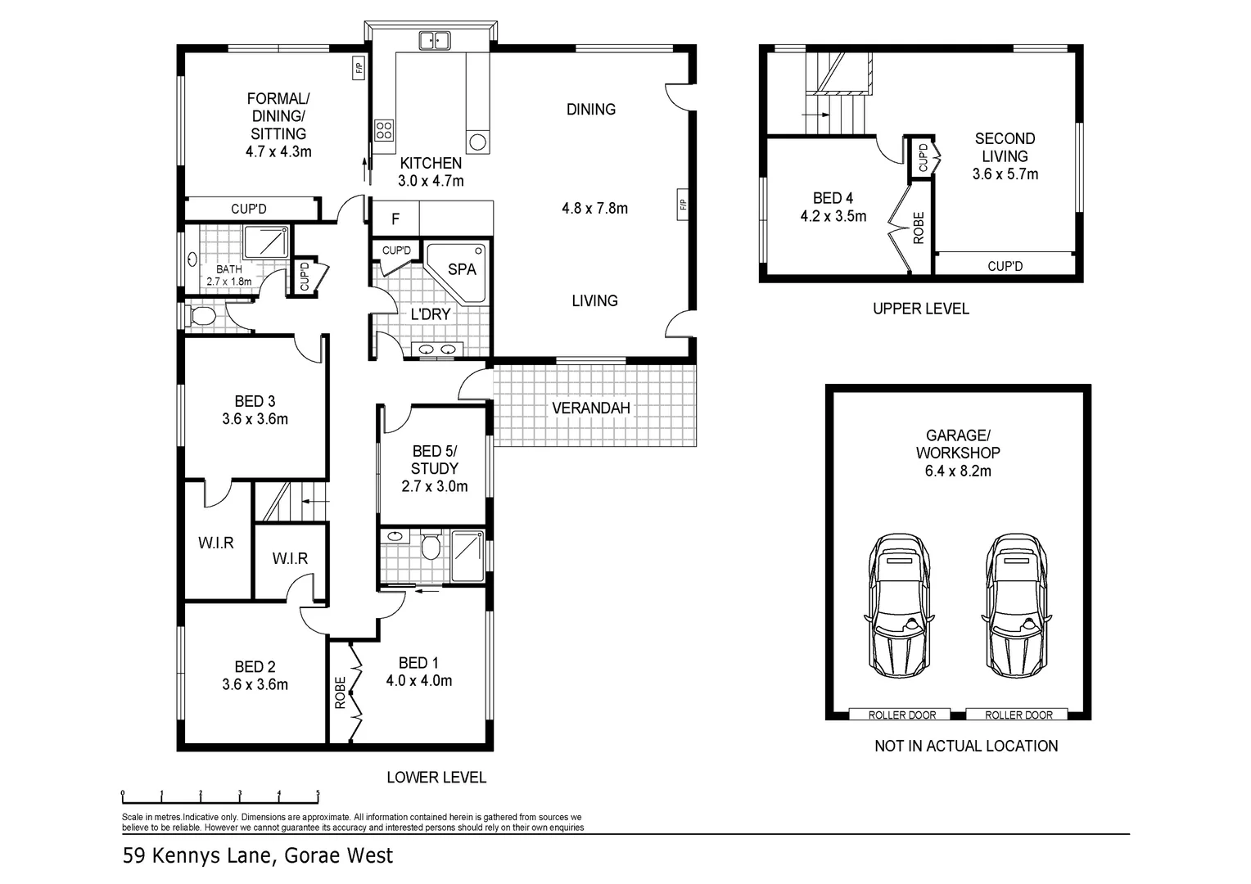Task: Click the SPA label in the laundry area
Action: (462, 268)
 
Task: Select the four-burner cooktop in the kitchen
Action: (384, 129)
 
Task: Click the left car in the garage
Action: (898, 605)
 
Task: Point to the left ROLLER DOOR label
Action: (901, 715)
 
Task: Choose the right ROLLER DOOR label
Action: (1018, 715)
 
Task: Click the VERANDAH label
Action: (591, 408)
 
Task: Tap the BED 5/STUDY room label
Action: (435, 459)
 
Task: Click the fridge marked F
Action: (395, 219)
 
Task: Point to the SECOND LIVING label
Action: (1005, 147)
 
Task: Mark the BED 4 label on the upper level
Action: (833, 198)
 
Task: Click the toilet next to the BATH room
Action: (201, 316)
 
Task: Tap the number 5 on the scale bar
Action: (318, 793)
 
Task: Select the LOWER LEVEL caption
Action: (436, 777)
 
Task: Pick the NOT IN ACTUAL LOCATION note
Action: (966, 746)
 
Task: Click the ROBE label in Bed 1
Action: (341, 692)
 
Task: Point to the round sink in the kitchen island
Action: (477, 142)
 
